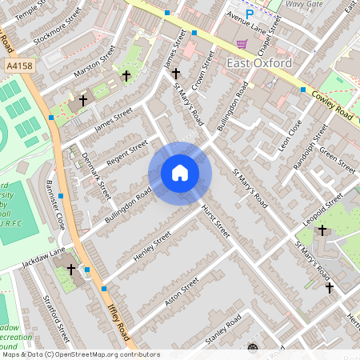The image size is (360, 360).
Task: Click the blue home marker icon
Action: tap(180, 173)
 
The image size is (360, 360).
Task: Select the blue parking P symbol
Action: tap(250, 14)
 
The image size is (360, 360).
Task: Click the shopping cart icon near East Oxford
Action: tap(242, 44)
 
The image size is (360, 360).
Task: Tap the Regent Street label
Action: tap(128, 150)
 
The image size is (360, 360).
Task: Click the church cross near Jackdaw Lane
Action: tap(71, 270)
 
